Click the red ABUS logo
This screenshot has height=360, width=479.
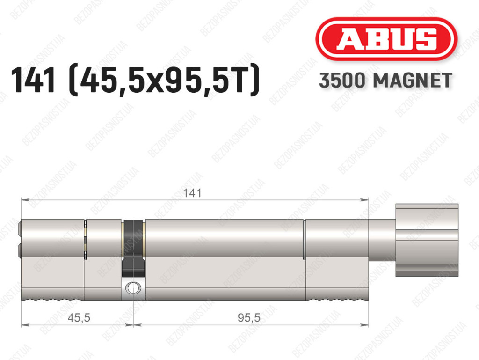(x=386, y=39)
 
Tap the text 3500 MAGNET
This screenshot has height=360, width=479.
(x=385, y=81)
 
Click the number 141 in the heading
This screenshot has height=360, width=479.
(x=33, y=81)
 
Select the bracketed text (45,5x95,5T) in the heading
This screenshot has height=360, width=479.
(x=165, y=81)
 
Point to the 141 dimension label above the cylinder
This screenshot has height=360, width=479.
(x=192, y=193)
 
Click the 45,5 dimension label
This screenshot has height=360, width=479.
(x=79, y=318)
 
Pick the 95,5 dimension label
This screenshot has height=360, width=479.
(x=249, y=318)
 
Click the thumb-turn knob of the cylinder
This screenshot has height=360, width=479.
(x=427, y=240)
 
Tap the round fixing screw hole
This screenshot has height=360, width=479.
(x=133, y=288)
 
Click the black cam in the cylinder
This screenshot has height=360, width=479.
(x=133, y=248)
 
